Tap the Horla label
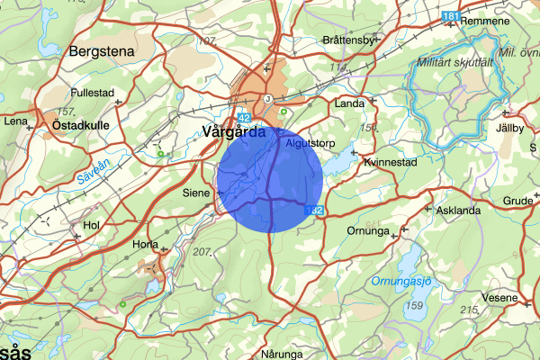click(145, 244)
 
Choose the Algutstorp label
click(310, 142)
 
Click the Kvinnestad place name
click(390, 163)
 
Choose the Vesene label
click(500, 297)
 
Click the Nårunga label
click(284, 354)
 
